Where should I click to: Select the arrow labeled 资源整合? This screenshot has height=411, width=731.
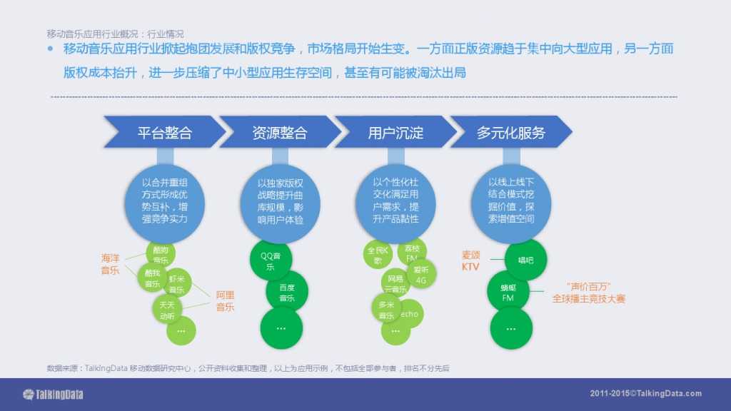(x=279, y=133)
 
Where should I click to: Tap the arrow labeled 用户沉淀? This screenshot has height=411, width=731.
(x=395, y=133)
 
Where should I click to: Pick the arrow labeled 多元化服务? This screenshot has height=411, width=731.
(x=510, y=133)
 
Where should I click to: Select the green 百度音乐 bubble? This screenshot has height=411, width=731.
(x=286, y=293)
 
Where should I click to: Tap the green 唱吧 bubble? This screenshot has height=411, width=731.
(x=525, y=260)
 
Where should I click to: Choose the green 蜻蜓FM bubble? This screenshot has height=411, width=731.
(x=508, y=292)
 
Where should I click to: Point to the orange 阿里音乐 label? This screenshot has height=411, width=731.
(x=225, y=300)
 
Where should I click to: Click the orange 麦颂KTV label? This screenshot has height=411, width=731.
(x=471, y=260)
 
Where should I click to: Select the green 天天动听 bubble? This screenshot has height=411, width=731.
(x=166, y=310)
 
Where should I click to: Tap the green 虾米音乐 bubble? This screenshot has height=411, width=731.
(x=177, y=283)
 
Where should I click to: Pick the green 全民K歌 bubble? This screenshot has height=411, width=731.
(x=378, y=255)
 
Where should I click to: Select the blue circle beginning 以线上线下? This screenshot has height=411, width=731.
(x=510, y=201)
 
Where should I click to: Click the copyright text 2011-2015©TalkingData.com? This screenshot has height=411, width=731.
(x=645, y=394)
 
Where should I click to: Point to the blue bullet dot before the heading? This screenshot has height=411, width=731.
(x=51, y=49)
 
